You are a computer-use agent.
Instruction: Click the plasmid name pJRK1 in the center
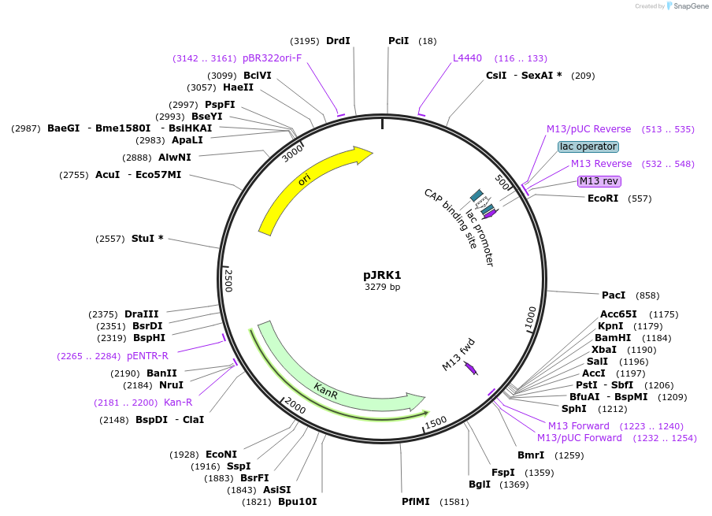[x=382, y=275]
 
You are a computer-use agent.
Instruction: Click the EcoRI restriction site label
[x=603, y=199]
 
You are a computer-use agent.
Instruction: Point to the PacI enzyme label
[x=614, y=295]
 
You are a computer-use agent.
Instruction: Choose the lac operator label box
[x=588, y=147]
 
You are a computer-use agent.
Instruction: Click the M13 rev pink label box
[x=599, y=181]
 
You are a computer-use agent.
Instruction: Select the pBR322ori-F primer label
[x=272, y=58]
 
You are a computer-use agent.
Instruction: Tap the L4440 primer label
[x=467, y=58]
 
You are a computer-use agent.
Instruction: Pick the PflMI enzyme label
[x=416, y=501]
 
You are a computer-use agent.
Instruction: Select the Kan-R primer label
[x=178, y=403]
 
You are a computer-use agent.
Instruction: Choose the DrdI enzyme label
[x=338, y=41]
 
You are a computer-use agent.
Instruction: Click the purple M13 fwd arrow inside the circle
[x=471, y=367]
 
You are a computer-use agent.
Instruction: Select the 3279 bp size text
[x=382, y=288]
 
